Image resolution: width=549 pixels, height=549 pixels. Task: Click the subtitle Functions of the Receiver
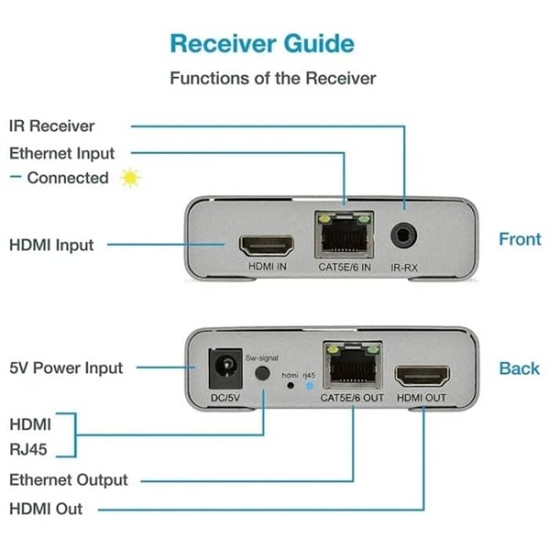[273, 78]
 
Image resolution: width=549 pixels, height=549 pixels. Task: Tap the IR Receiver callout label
[52, 125]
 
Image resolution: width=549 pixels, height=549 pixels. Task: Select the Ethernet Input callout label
[62, 153]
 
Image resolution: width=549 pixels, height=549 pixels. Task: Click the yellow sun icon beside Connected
[129, 178]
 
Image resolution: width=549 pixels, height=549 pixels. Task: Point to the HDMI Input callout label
[51, 245]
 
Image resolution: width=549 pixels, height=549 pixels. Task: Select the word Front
[519, 239]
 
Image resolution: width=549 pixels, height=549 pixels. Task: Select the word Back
[519, 368]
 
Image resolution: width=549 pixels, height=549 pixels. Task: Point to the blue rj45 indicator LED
[308, 386]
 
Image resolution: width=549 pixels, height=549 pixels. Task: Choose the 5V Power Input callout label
[66, 368]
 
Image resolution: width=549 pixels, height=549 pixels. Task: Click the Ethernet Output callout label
[68, 480]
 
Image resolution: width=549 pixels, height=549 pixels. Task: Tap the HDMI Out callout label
[45, 508]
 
